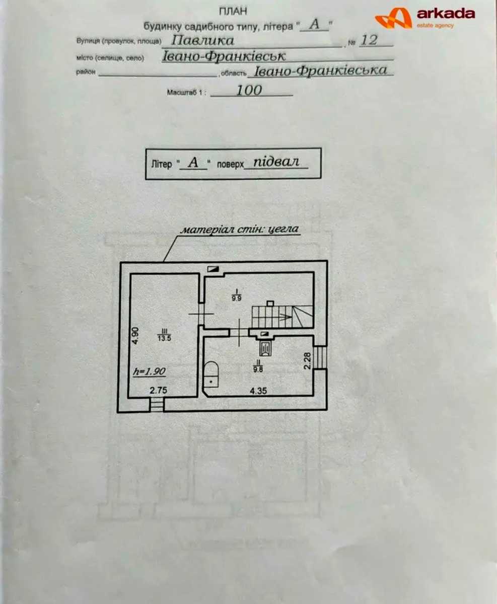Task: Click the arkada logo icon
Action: [394, 18]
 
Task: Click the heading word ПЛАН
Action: [233, 11]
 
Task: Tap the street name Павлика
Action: [202, 40]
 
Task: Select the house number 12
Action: [369, 40]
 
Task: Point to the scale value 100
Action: [249, 90]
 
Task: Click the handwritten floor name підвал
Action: [276, 162]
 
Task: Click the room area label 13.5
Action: [164, 338]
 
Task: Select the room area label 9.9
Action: [236, 298]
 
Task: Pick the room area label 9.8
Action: [258, 369]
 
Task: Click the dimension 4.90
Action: [135, 335]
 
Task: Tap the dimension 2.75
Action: [159, 390]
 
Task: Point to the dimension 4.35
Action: [258, 391]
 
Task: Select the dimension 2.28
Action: [307, 361]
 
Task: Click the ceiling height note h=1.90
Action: [149, 372]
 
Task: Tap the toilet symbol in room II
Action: [211, 375]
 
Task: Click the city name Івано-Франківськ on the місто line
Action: [224, 56]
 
